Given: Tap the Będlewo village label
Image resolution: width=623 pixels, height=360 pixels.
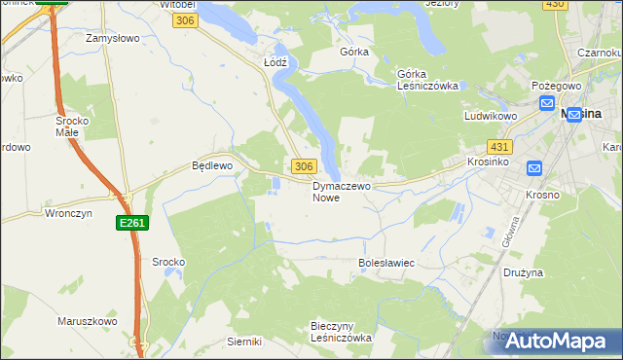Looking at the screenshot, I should pos(211,166).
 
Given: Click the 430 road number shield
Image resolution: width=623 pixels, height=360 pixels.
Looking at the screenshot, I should pos(554,5).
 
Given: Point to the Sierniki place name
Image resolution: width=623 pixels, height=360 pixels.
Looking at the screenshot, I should pos(244,342).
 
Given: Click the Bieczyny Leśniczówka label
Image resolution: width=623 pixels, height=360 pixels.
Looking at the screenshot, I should pos(341,332).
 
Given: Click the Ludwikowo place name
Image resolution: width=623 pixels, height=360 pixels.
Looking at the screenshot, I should pos(489,116).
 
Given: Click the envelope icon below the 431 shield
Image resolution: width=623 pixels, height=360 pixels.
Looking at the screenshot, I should pos(533,168).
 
